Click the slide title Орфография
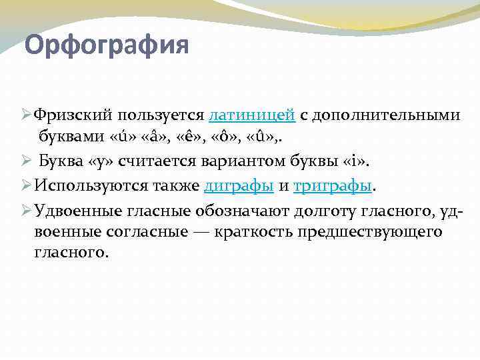click(107, 46)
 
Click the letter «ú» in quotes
click(119, 137)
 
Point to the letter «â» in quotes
click(153, 137)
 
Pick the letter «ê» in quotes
click(192, 137)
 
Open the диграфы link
click(238, 187)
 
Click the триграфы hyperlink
click(332, 187)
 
